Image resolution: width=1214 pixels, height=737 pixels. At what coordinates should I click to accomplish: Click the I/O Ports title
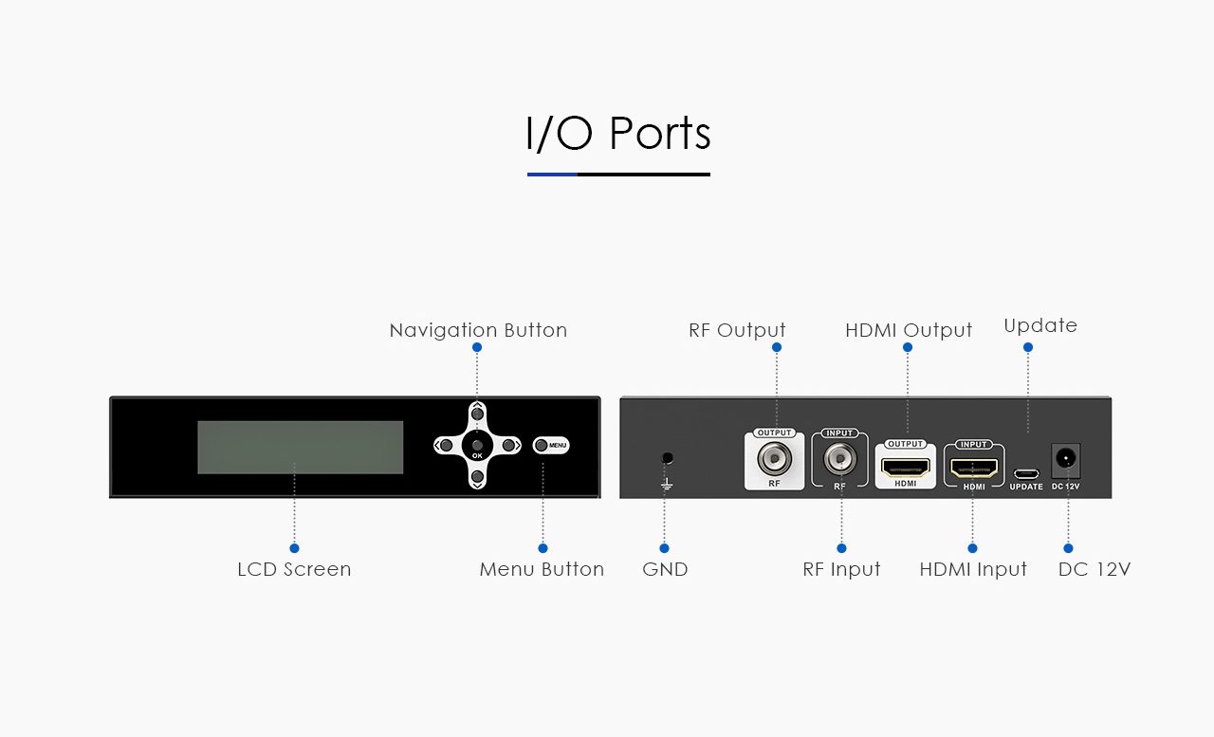[617, 133]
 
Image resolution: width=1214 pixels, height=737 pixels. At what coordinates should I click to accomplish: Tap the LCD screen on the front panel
[301, 447]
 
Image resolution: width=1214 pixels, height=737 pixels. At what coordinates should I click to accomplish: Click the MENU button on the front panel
[551, 446]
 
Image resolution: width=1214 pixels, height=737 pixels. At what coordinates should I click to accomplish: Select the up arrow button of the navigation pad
[477, 414]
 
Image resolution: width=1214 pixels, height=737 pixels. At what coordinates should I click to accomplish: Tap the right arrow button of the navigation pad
[508, 446]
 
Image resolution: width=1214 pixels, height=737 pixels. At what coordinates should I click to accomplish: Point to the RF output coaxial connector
[774, 458]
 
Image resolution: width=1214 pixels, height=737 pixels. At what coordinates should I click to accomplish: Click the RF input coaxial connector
[839, 458]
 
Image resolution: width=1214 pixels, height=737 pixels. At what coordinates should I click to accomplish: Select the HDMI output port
[905, 468]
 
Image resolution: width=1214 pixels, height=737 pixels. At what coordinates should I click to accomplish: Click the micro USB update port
[1026, 474]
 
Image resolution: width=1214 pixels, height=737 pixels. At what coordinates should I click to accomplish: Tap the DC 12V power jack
[1065, 460]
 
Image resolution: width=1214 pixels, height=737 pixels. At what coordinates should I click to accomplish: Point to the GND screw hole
[667, 458]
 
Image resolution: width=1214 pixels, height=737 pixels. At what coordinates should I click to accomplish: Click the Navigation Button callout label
[478, 331]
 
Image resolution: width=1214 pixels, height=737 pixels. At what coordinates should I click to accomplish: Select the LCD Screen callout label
[294, 569]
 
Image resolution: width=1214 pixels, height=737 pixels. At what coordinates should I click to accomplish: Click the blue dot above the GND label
[665, 548]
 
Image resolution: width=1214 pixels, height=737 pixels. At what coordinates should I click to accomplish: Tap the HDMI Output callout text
[909, 331]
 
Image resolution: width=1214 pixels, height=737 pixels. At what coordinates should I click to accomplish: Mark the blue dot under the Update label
[1028, 347]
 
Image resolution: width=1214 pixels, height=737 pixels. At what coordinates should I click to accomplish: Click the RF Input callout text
[841, 569]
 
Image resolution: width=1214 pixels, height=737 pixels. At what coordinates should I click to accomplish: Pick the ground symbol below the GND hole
[667, 484]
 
